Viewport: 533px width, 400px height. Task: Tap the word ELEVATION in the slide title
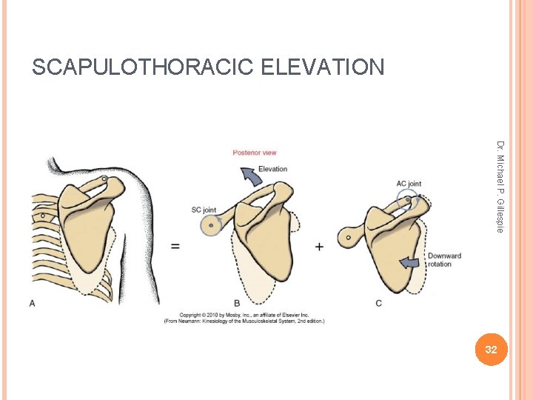pyautogui.click(x=322, y=68)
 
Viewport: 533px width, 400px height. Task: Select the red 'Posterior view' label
pyautogui.click(x=254, y=153)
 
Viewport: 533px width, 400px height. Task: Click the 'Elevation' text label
pyautogui.click(x=272, y=169)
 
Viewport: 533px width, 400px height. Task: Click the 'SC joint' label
pyautogui.click(x=204, y=209)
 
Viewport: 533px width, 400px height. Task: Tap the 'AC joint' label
pyautogui.click(x=409, y=183)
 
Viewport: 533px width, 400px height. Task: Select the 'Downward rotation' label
pyautogui.click(x=444, y=260)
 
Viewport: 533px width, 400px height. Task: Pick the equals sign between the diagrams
pyautogui.click(x=175, y=246)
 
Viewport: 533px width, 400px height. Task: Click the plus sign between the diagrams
pyautogui.click(x=319, y=246)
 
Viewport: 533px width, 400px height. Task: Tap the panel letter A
pyautogui.click(x=32, y=302)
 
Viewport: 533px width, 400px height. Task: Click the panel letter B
pyautogui.click(x=237, y=303)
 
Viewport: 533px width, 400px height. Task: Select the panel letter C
pyautogui.click(x=379, y=303)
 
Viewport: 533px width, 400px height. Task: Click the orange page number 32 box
pyautogui.click(x=490, y=349)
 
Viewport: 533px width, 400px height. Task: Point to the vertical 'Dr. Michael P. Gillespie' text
pyautogui.click(x=500, y=186)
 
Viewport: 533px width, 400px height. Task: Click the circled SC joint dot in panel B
pyautogui.click(x=212, y=224)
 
